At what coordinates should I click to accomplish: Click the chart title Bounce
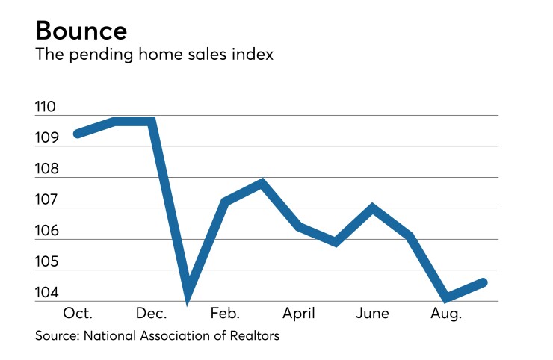coord(81,31)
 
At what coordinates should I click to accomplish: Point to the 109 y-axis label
coord(46,138)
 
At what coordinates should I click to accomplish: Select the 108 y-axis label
coord(46,170)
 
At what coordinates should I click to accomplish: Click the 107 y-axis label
coord(46,200)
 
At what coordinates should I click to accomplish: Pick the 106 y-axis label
coord(46,231)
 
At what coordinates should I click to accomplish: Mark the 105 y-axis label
coord(46,261)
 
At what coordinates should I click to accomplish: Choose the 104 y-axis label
coord(46,293)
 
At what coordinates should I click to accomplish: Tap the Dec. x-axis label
coord(152,314)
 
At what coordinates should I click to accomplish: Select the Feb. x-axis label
coord(225,314)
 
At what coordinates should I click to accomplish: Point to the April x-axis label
coord(298,314)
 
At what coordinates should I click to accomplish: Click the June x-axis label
coord(372,314)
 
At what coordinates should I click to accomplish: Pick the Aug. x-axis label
coord(446,314)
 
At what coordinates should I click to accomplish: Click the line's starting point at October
coord(78,134)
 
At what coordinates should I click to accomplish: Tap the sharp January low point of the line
coord(188,295)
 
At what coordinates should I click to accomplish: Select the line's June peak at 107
coord(372,208)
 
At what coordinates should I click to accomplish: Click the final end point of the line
coord(484,282)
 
